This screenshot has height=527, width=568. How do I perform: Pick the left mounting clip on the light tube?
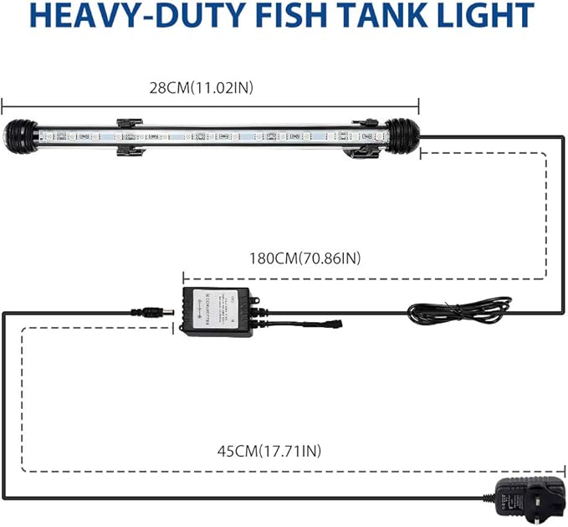pyautogui.click(x=129, y=136)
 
